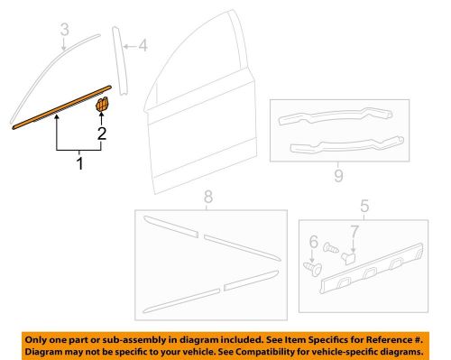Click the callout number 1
(x=79, y=166)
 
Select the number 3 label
(x=63, y=34)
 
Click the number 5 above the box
(x=365, y=208)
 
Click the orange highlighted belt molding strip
(x=59, y=107)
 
